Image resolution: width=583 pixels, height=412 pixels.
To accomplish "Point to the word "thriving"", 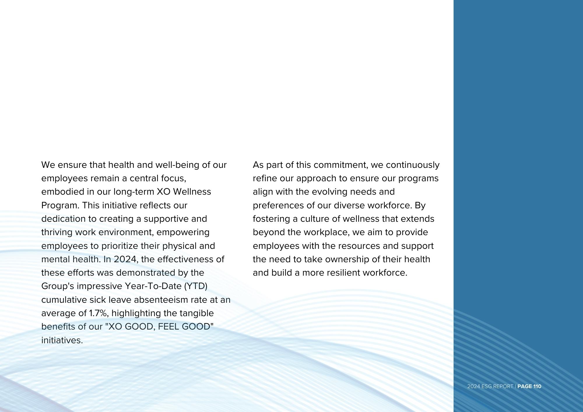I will pos(57,232).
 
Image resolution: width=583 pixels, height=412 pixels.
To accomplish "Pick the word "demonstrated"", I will pos(146,273).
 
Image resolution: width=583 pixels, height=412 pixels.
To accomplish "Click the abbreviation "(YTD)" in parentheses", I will pos(196,286).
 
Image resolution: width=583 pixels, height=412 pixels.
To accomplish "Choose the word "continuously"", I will pos(412,165).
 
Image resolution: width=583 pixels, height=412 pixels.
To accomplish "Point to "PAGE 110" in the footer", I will pos(529,386).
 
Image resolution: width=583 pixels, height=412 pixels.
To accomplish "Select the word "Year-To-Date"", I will pos(153,286).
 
